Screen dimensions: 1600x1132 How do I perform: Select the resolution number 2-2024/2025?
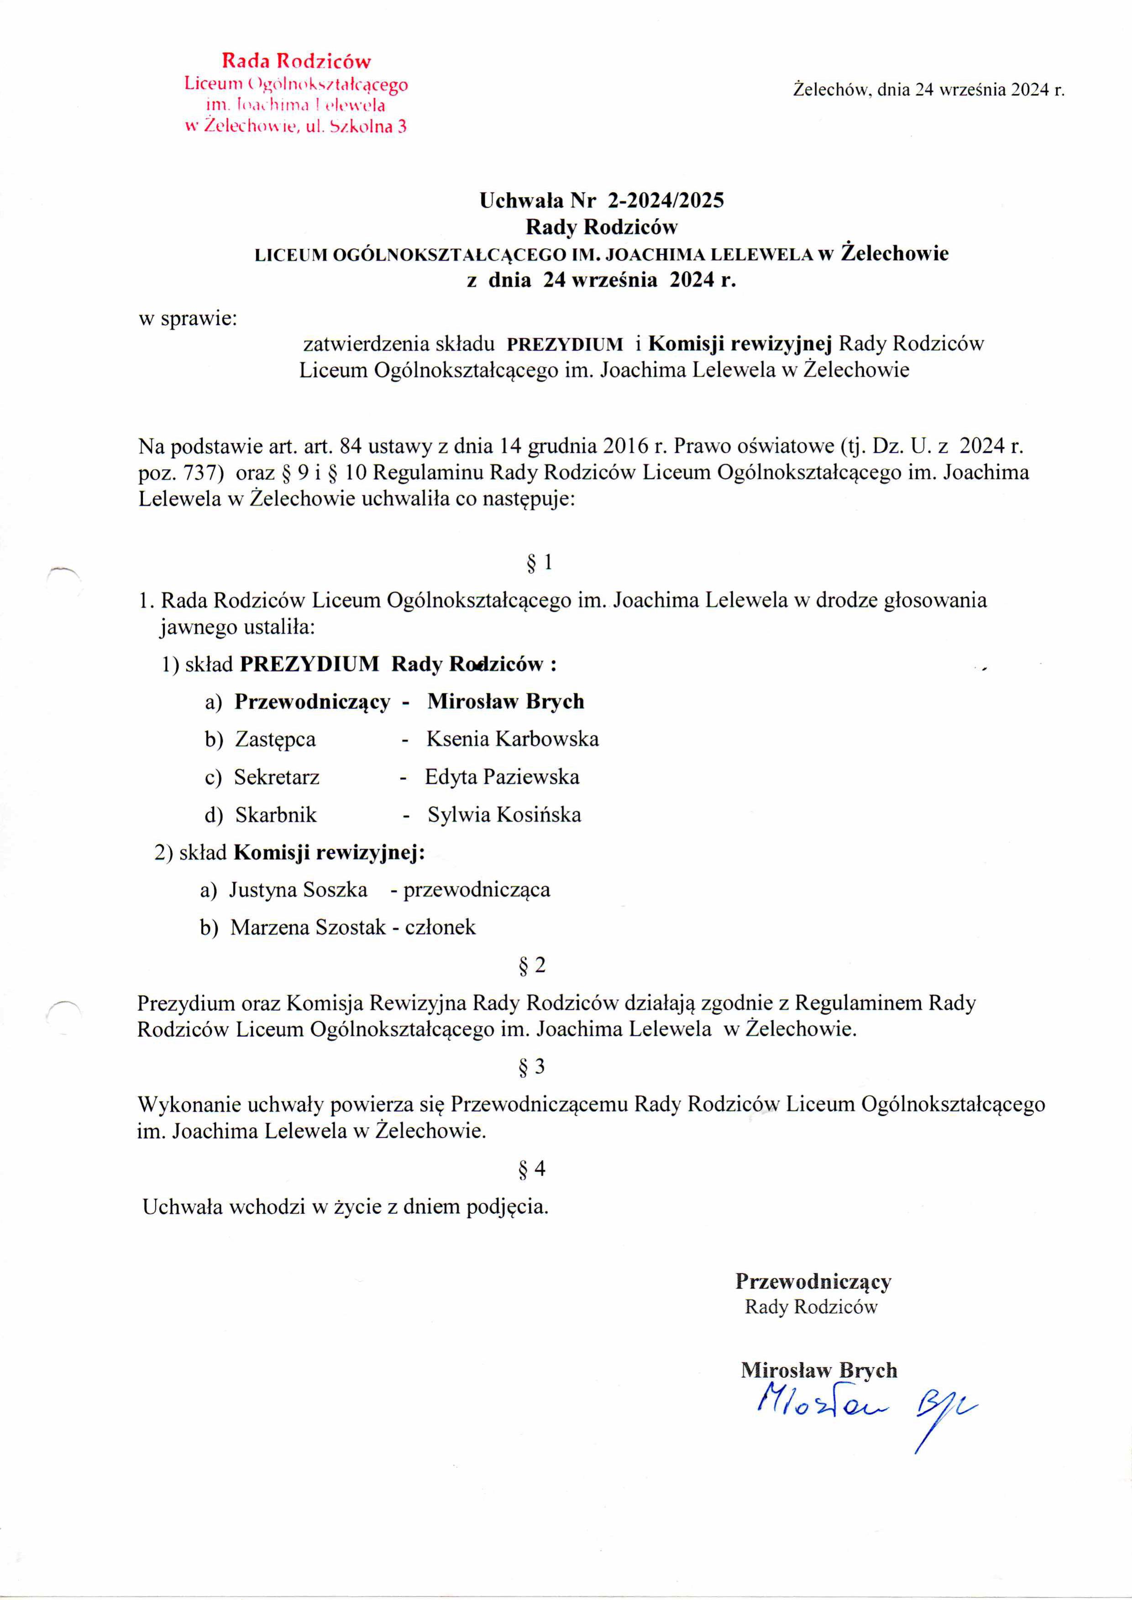coord(666,201)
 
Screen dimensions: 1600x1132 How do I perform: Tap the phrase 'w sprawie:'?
coord(188,319)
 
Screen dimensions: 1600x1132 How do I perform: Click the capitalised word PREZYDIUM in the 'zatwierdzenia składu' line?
coord(565,344)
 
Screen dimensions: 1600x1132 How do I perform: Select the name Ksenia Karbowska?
coord(512,739)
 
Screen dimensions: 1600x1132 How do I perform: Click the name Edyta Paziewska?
coord(502,776)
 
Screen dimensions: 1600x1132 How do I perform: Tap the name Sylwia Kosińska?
coord(504,814)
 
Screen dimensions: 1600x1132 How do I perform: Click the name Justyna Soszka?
coord(299,890)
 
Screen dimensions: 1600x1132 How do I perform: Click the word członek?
coord(440,927)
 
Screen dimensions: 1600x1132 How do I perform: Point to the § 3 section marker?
coord(532,1066)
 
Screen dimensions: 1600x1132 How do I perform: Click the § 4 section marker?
coord(532,1169)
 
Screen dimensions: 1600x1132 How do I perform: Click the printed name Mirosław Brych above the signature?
coord(818,1370)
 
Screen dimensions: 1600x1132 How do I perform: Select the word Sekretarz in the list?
coord(276,776)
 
